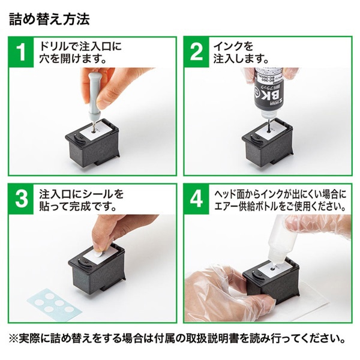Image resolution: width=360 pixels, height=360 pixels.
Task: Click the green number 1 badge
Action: pyautogui.click(x=22, y=52)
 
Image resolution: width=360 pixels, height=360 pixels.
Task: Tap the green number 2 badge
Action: pyautogui.click(x=196, y=52)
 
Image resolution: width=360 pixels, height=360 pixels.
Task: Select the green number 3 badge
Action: pyautogui.click(x=22, y=200)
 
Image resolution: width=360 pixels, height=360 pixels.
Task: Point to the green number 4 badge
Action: pyautogui.click(x=196, y=200)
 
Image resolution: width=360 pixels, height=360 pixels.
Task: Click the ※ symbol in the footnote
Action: pyautogui.click(x=16, y=337)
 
